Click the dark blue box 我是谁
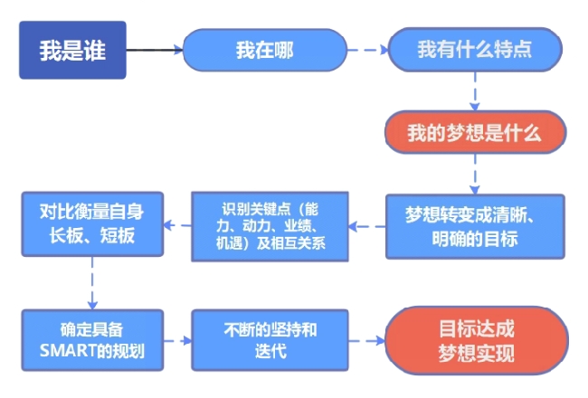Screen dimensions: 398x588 tap(71, 50)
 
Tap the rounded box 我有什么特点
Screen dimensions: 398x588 tap(474, 50)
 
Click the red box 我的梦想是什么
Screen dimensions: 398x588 tap(474, 134)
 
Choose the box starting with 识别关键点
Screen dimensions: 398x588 tap(269, 225)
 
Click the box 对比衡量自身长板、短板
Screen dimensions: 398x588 tap(91, 225)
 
